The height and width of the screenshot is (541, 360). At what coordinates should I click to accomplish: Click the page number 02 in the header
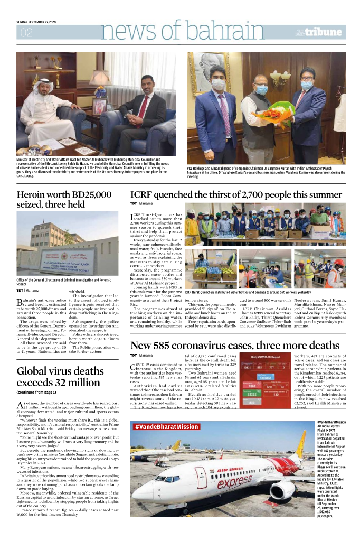pyautogui.click(x=26, y=33)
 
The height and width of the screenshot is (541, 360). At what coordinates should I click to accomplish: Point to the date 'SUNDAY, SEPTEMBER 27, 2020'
pyautogui.click(x=40, y=22)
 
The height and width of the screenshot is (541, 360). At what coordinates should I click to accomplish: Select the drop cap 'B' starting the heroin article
pyautogui.click(x=20, y=302)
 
